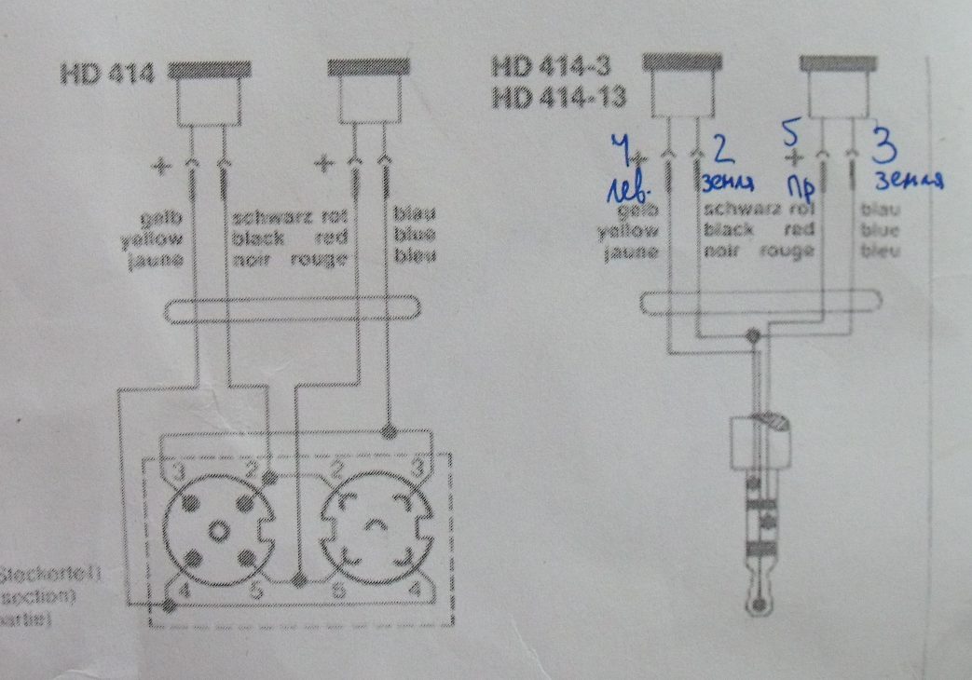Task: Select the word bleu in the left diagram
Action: click(x=414, y=258)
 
